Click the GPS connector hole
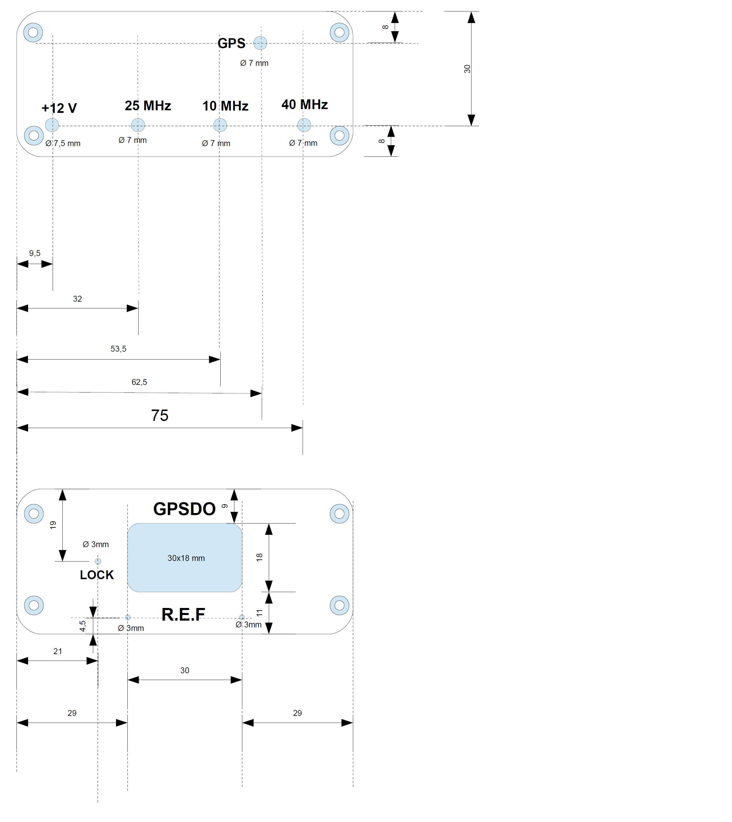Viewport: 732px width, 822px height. [x=260, y=43]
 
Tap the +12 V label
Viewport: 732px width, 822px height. [x=59, y=108]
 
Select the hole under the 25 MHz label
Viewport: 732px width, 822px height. [x=138, y=125]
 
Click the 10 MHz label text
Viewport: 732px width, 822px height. [x=225, y=106]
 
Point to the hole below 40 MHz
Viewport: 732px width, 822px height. [x=304, y=125]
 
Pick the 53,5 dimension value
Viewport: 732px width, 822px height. [x=118, y=349]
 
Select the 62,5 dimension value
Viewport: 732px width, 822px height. [x=139, y=382]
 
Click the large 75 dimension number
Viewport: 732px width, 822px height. [x=160, y=415]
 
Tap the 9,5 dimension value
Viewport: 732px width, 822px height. [x=35, y=253]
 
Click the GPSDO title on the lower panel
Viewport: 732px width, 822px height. [x=185, y=509]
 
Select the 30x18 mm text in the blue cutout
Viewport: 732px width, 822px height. [x=186, y=558]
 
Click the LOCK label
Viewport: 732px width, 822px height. [x=97, y=575]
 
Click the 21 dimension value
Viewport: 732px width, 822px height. [x=58, y=651]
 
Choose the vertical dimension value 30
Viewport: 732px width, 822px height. [x=467, y=69]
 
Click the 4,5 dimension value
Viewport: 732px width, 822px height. [x=82, y=626]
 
